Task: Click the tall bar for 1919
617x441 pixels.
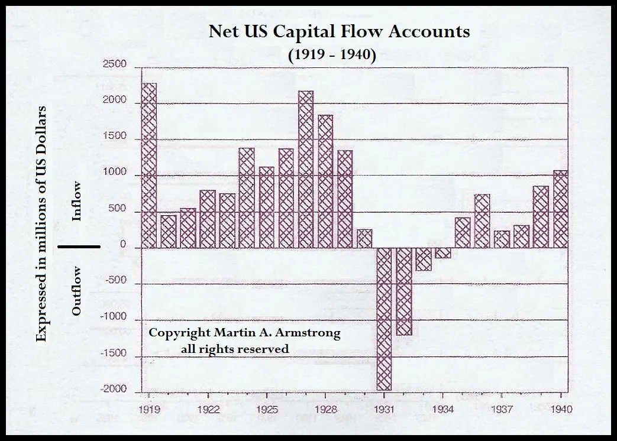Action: click(x=149, y=166)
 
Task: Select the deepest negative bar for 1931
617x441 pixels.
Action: click(x=384, y=319)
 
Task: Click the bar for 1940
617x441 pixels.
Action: click(x=560, y=209)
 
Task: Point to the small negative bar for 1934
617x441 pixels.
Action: click(x=443, y=253)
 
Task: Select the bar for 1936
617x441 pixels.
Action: click(x=482, y=221)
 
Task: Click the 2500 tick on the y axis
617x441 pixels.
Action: click(x=114, y=64)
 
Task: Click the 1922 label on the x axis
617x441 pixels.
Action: click(x=208, y=409)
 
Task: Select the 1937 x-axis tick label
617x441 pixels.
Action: click(x=502, y=409)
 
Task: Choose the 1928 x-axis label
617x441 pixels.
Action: click(x=325, y=409)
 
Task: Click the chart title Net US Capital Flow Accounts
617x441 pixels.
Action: click(x=339, y=31)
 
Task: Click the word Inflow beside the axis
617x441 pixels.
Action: click(x=76, y=201)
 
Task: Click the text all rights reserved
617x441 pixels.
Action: click(x=235, y=349)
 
